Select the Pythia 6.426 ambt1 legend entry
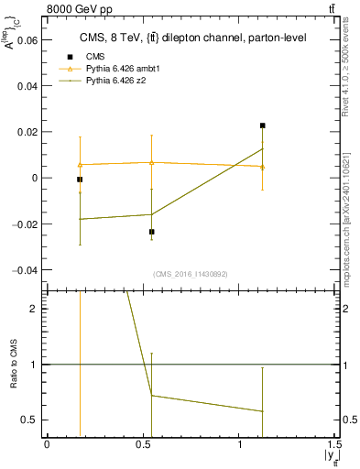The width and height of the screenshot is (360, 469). coord(124,69)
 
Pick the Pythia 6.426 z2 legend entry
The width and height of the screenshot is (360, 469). coord(118,81)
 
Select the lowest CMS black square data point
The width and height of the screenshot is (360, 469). coord(152,232)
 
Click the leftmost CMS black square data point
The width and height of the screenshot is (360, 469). coord(80,180)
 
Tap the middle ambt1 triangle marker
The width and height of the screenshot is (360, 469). coord(152,163)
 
